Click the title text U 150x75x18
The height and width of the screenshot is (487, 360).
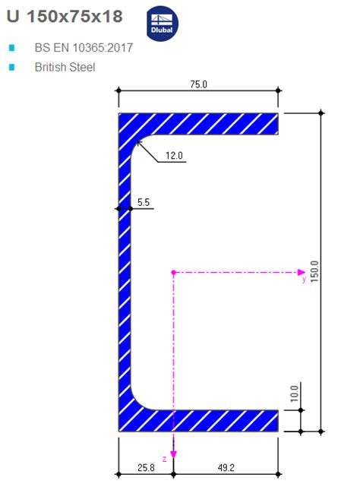pos(65,16)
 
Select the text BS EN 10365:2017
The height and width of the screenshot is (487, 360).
pos(84,48)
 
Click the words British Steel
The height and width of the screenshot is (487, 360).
pos(65,67)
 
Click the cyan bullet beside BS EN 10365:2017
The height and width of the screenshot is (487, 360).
pos(11,48)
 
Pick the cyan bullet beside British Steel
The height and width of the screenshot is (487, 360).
pos(11,67)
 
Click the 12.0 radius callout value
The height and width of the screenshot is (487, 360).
pos(175,156)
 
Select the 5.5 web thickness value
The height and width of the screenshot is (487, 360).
pos(144,202)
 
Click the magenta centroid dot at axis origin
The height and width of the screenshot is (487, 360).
pos(173,271)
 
